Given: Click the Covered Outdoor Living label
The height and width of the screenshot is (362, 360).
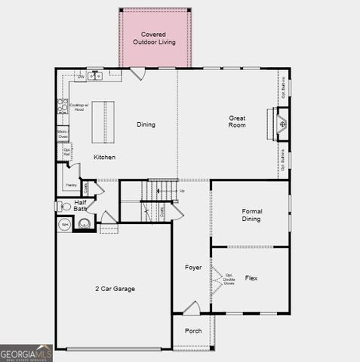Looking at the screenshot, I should click(x=154, y=38).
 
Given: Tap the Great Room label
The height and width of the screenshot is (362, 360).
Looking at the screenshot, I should click(x=238, y=121).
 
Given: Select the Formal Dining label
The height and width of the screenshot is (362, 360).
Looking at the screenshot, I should click(x=251, y=215).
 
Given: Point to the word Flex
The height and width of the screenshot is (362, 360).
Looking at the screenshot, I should click(x=251, y=278).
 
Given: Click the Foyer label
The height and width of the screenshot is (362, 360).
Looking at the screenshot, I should click(x=193, y=268).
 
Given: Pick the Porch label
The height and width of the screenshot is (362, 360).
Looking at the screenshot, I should click(x=193, y=330).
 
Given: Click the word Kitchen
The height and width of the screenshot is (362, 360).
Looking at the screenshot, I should click(x=105, y=157).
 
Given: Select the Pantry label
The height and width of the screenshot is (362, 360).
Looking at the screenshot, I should click(x=71, y=184).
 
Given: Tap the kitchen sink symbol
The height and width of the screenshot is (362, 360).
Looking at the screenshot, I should click(x=95, y=76).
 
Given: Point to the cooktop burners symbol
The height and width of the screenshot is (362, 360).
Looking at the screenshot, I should click(x=63, y=106).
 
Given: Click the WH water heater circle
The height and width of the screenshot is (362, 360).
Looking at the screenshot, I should click(x=65, y=224).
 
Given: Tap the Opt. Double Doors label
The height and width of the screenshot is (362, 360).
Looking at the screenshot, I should click(x=228, y=280).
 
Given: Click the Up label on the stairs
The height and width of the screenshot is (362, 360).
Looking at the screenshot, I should click(x=181, y=191).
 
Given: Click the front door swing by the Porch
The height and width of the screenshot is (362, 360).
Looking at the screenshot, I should click(x=192, y=308).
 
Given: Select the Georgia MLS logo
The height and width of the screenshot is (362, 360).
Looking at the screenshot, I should click(x=26, y=353).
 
